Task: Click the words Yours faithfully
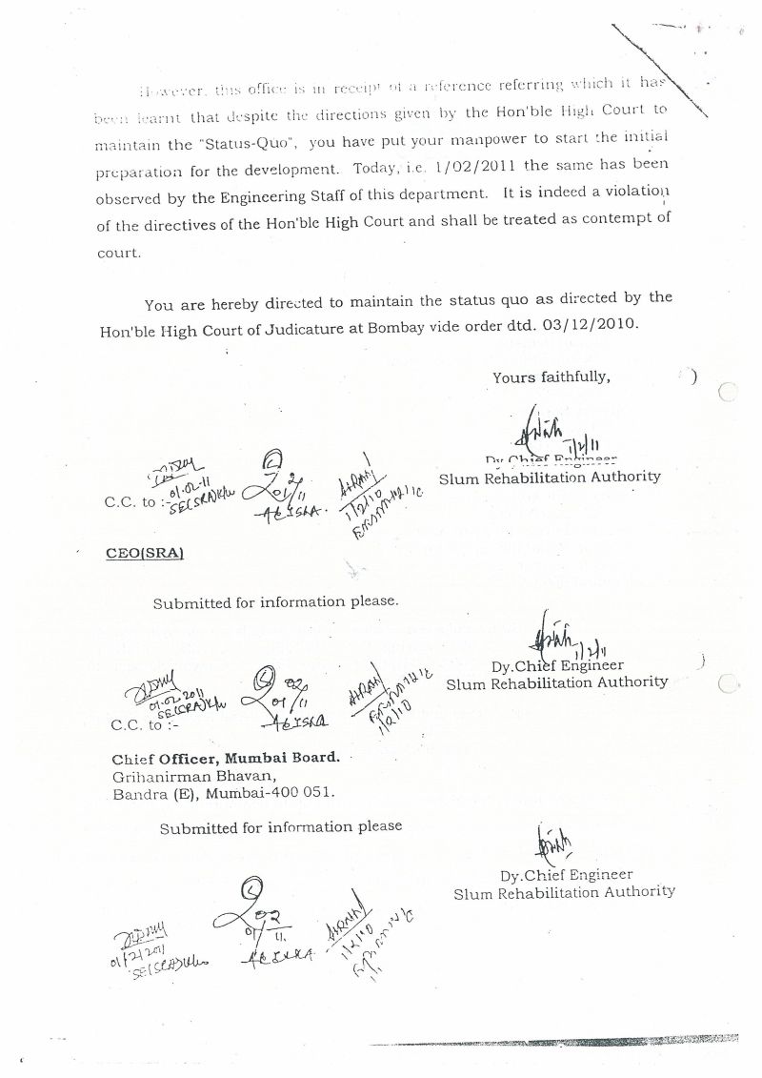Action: point(551,376)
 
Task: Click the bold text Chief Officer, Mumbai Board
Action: point(225,759)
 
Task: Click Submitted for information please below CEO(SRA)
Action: point(275,602)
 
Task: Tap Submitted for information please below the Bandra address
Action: point(281,827)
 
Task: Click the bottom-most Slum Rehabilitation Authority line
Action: point(564,892)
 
